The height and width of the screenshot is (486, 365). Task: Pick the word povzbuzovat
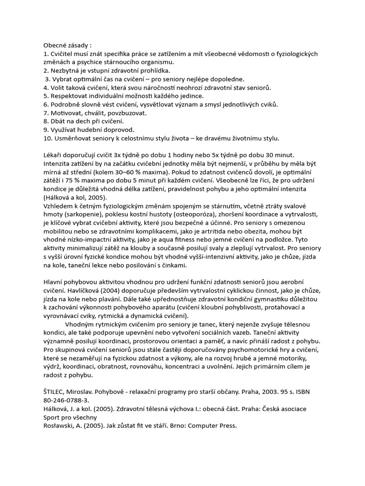(125, 113)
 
